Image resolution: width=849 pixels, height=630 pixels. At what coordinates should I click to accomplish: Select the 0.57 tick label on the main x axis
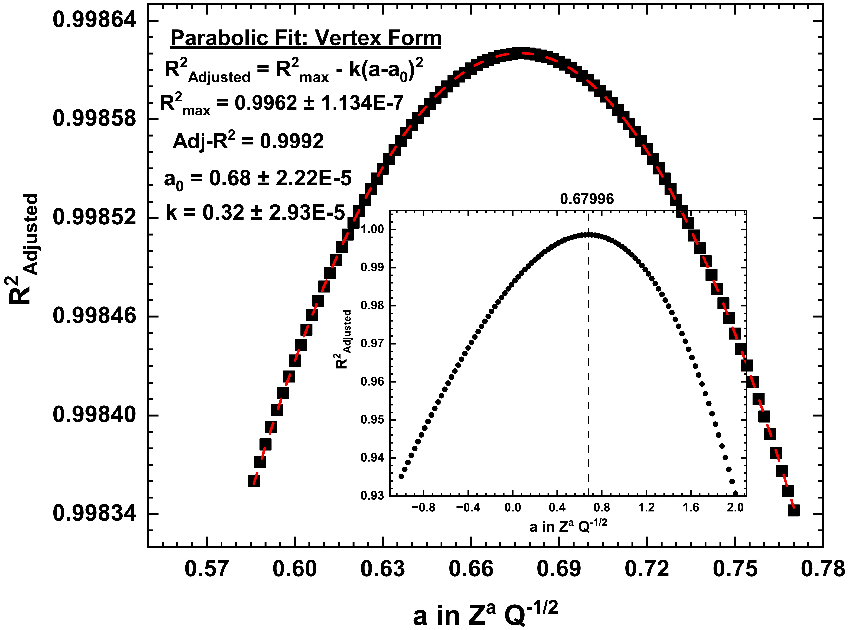206,569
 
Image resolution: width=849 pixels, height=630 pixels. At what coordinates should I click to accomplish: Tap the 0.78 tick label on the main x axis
823,569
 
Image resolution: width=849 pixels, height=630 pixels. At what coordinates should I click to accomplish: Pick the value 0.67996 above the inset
587,199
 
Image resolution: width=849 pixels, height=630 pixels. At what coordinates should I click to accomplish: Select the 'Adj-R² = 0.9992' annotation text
248,141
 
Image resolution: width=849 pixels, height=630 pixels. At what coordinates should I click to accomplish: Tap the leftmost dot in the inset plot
401,476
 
